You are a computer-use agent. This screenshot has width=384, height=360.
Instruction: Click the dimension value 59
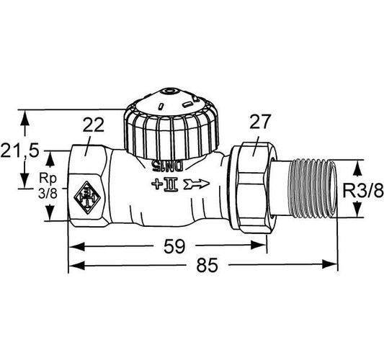point(174,246)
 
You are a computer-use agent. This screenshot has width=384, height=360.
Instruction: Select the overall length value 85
point(207,265)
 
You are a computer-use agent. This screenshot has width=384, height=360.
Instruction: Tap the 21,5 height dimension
point(19,150)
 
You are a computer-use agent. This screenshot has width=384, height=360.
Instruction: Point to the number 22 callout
point(94,125)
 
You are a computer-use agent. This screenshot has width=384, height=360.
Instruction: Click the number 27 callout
point(260,122)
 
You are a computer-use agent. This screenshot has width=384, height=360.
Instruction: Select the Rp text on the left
point(48,179)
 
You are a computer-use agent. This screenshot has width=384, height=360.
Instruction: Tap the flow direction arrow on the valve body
point(197,184)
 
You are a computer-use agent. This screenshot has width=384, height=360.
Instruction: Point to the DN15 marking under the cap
point(167,166)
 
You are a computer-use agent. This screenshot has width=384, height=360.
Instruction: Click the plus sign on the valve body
point(156,184)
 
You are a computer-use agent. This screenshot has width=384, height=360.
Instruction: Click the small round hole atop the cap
point(169,91)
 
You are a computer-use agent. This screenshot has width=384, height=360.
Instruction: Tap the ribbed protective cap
point(171,127)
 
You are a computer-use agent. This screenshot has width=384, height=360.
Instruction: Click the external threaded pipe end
point(314,189)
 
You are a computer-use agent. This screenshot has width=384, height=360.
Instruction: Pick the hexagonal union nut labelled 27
point(254,188)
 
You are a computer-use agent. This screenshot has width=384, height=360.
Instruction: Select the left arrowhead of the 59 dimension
point(76,246)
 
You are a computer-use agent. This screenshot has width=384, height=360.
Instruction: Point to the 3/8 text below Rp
point(48,194)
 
